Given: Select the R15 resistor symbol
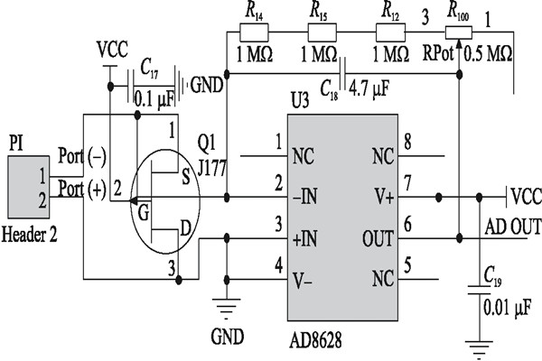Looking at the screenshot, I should point(322,32).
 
